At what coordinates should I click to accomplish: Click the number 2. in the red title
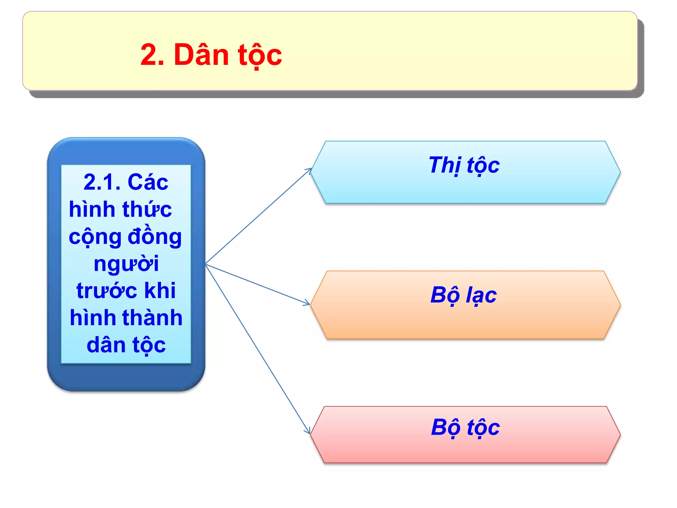click(x=152, y=55)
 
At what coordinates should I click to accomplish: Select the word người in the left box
click(x=126, y=264)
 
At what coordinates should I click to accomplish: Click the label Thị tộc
click(x=464, y=165)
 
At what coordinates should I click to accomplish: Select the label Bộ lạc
click(x=463, y=295)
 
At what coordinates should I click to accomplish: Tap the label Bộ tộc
click(x=465, y=428)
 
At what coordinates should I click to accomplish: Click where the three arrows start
click(x=206, y=264)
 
